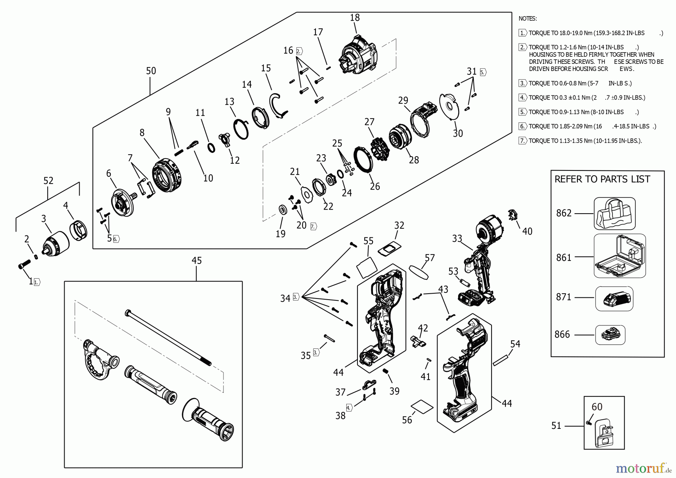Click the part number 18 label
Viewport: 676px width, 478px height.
coord(355,18)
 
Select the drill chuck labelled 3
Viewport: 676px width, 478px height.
coord(57,240)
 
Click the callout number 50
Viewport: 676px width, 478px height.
coord(151,71)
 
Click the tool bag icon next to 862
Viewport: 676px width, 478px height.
coord(614,214)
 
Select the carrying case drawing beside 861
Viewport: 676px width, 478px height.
coord(620,256)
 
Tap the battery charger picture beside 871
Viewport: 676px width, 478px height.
coord(614,299)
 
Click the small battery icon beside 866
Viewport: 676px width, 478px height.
coord(610,335)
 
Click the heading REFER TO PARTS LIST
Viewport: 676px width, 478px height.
coord(602,179)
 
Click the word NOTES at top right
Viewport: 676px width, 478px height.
coord(527,18)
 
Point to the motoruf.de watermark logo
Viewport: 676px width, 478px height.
coord(643,469)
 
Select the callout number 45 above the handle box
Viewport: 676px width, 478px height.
coord(196,261)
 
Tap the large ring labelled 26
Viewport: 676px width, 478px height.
coord(364,159)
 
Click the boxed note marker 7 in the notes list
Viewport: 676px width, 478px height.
coord(522,141)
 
